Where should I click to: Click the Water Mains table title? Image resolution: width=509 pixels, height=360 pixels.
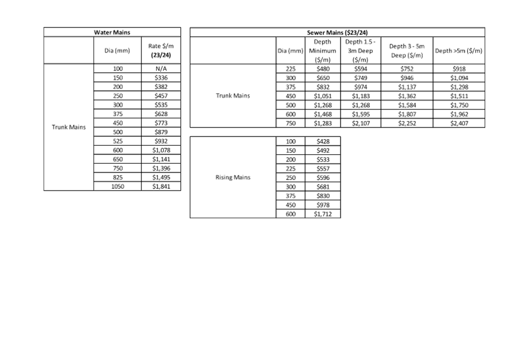point(112,33)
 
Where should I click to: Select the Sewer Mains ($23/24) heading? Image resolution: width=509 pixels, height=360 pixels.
point(337,33)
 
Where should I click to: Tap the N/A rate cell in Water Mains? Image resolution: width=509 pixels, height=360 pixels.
point(161,69)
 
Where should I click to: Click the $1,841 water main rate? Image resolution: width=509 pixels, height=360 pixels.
point(161,186)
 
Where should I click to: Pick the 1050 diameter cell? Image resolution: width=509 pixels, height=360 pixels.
point(118,186)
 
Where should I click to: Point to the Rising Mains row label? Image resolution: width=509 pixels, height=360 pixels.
point(233,177)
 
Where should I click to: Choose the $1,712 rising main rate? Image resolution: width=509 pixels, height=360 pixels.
point(323,214)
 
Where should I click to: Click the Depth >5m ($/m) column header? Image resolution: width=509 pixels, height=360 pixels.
point(459,51)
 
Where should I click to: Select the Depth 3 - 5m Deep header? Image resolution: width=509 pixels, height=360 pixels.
point(407,51)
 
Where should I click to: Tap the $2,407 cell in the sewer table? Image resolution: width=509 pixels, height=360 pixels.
point(459,123)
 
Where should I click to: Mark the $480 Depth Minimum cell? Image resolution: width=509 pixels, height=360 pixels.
point(323,69)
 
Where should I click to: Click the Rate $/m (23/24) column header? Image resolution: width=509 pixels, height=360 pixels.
point(161,51)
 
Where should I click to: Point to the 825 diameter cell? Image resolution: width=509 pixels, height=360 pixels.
point(118,177)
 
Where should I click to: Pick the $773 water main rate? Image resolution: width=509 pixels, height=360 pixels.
point(161,123)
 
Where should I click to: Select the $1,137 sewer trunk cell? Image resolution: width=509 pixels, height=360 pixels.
point(407,87)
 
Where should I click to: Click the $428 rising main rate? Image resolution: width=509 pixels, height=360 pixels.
point(323,142)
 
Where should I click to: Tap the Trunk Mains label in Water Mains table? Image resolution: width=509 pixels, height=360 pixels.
point(69,127)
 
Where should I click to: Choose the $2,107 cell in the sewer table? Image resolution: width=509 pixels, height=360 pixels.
point(360,123)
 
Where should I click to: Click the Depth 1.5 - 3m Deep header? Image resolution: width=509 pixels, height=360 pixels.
point(360,51)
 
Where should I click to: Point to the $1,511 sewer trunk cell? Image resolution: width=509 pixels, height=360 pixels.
point(459,96)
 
